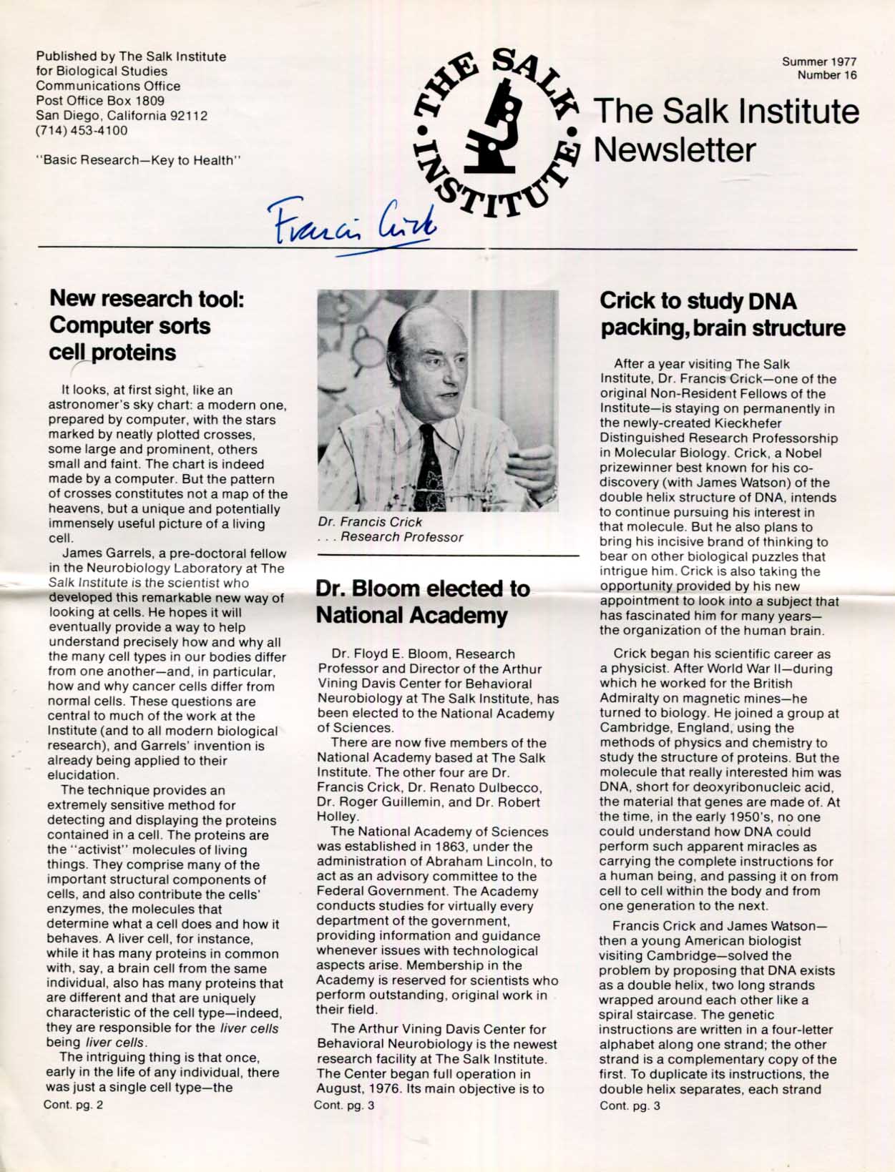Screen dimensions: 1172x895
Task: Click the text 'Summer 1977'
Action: point(819,62)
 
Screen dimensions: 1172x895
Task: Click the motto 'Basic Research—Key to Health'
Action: point(138,160)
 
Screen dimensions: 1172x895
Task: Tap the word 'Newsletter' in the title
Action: point(675,149)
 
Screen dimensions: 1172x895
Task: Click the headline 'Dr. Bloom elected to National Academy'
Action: point(422,601)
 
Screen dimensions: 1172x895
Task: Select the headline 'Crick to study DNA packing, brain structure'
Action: point(722,314)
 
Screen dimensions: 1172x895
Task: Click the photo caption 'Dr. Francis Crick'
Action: point(370,522)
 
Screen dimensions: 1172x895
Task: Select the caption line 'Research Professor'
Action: point(401,537)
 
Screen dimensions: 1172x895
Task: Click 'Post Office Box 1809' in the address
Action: point(100,101)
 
